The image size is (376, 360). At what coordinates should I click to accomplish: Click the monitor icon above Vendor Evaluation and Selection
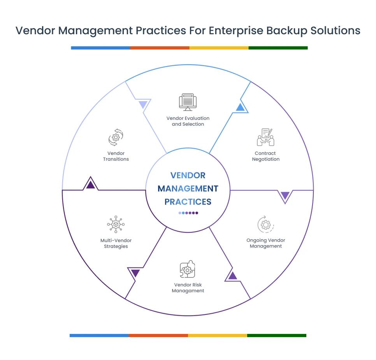coord(188,102)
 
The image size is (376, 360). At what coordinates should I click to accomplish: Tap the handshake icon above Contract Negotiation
coord(265,137)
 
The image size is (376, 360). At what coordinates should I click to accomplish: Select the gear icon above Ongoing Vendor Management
coord(265,225)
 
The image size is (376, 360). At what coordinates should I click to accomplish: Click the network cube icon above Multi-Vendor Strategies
coord(116,225)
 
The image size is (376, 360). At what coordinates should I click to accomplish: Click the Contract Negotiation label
coord(265,156)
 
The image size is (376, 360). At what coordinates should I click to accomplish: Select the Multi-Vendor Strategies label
coord(116,243)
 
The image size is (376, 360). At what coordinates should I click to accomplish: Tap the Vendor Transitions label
coord(116,156)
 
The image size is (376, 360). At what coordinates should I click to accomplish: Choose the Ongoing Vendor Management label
coord(265,243)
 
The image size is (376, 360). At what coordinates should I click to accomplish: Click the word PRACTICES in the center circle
coord(188,202)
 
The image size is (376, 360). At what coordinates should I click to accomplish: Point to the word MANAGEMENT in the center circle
coord(188,188)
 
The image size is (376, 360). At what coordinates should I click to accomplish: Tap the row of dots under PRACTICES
coord(188,213)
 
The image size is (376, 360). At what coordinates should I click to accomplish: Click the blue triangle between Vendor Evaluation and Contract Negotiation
coord(240,107)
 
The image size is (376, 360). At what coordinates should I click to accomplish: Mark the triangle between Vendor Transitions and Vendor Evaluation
coord(143,104)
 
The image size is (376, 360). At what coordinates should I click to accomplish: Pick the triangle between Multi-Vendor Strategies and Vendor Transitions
coord(90,184)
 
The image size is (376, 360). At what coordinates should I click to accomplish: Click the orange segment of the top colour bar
coord(160,48)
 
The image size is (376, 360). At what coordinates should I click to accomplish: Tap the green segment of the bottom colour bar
coord(276,335)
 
